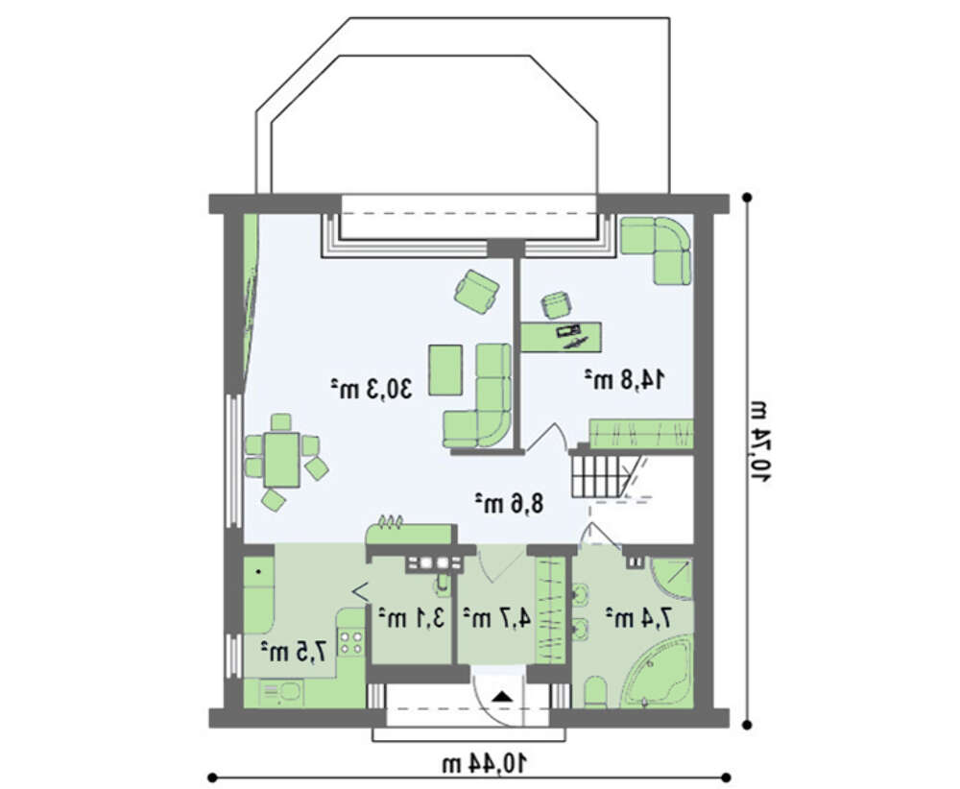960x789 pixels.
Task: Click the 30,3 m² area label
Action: [372, 389]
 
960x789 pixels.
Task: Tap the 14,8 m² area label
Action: [624, 379]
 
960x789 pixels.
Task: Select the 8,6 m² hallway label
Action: [510, 503]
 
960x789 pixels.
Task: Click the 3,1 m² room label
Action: [410, 618]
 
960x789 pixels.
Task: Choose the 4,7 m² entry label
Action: [496, 618]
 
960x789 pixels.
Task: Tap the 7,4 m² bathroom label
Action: [638, 618]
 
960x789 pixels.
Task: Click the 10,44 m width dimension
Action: [484, 763]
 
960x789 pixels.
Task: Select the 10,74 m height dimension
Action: [760, 442]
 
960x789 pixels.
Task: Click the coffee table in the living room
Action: [445, 370]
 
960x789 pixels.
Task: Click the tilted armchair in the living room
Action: [476, 291]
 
